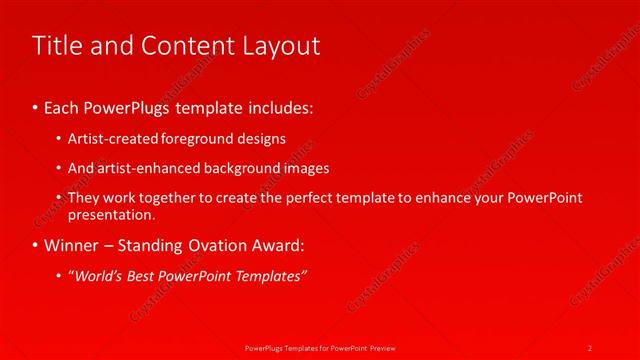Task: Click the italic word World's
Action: pos(98,276)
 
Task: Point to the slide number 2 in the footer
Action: pos(590,347)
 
